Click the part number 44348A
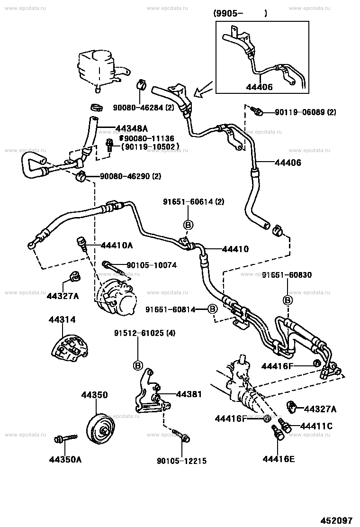[131, 128]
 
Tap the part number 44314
[62, 319]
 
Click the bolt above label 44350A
[66, 438]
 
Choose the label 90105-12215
[182, 461]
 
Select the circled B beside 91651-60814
[212, 309]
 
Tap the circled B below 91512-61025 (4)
[138, 365]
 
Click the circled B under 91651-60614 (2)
[189, 225]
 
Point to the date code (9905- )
[240, 14]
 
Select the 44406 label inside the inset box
[259, 87]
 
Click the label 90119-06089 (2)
[305, 112]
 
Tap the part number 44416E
[279, 459]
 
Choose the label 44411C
[316, 426]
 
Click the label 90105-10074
[152, 265]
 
